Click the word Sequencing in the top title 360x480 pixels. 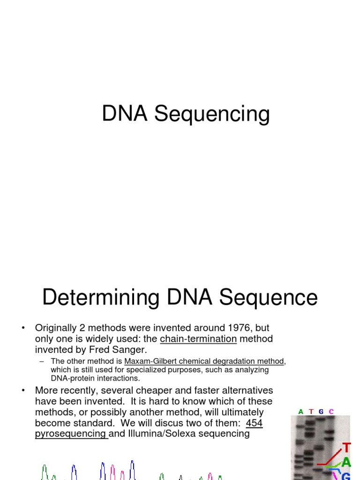pyautogui.click(x=212, y=114)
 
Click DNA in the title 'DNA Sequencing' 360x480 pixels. pyautogui.click(x=125, y=113)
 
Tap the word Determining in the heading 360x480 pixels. pyautogui.click(x=101, y=298)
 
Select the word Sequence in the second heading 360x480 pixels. pyautogui.click(x=268, y=298)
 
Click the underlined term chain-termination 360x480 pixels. pyautogui.click(x=198, y=339)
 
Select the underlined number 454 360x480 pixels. pyautogui.click(x=254, y=423)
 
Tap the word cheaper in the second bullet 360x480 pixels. pyautogui.click(x=153, y=391)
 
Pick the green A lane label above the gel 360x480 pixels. pyautogui.click(x=300, y=412)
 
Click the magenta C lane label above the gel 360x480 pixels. pyautogui.click(x=331, y=412)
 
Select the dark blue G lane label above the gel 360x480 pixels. pyautogui.click(x=321, y=412)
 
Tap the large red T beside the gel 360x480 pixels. pyautogui.click(x=346, y=448)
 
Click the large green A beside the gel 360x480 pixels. pyautogui.click(x=346, y=462)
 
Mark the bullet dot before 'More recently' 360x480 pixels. pyautogui.click(x=23, y=391)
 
